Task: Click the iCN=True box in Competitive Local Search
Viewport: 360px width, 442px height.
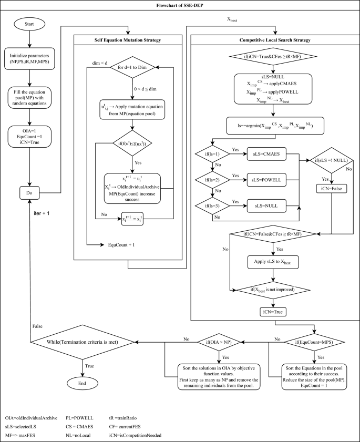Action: (271, 311)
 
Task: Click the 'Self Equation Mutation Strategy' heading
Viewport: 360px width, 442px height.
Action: (128, 40)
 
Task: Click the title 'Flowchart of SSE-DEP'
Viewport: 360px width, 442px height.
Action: (180, 5)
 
